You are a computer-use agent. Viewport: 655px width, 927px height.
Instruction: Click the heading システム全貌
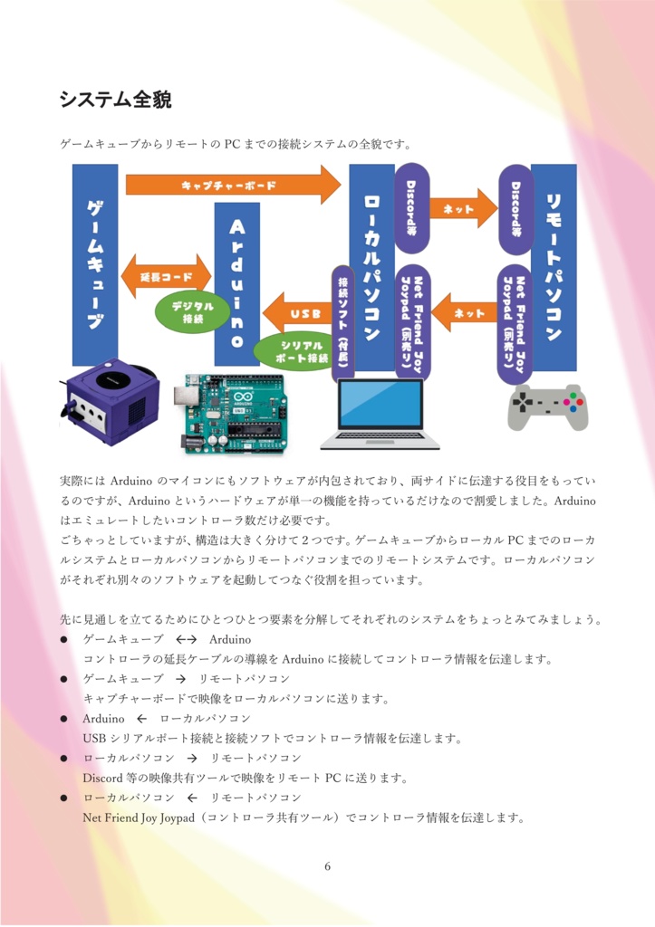(115, 98)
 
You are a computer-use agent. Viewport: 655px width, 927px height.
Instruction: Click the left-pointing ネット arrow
(464, 313)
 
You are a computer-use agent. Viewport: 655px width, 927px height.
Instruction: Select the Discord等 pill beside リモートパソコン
(515, 209)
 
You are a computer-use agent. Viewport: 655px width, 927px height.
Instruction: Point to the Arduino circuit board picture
(237, 412)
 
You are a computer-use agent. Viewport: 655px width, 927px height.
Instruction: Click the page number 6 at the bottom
(327, 866)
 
